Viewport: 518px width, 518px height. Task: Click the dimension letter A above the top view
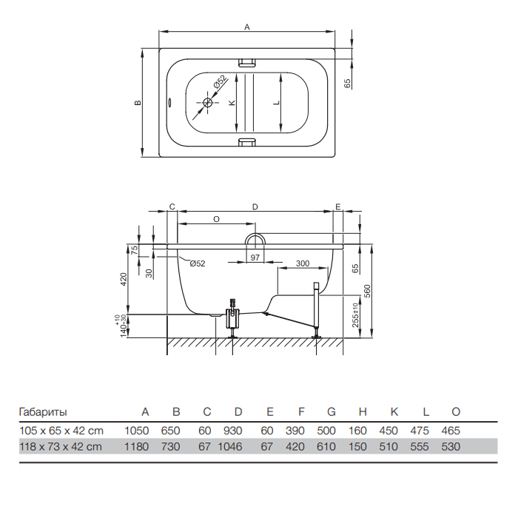pos(246,27)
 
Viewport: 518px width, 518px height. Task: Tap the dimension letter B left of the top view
pos(138,102)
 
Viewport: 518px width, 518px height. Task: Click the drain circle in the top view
pos(207,102)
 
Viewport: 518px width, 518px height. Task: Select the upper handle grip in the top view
pos(246,62)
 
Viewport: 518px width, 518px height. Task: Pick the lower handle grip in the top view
pos(246,142)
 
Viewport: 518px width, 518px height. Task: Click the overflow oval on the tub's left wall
pos(169,102)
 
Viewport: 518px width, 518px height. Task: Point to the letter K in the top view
pos(232,102)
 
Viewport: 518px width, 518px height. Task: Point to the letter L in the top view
pos(277,102)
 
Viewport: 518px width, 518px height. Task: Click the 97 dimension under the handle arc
pos(255,257)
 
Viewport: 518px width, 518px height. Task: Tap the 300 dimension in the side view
pos(303,263)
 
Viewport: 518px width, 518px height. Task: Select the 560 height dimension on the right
pos(367,291)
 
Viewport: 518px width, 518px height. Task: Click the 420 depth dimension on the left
pos(124,280)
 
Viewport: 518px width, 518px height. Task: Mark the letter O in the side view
pos(216,219)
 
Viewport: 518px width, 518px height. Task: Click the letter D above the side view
pos(255,206)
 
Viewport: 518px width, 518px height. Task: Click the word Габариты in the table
pos(43,412)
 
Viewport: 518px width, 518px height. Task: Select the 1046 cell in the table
pos(230,447)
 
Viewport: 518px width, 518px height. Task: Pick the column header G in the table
pos(332,411)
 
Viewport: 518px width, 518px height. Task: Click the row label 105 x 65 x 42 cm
pos(61,431)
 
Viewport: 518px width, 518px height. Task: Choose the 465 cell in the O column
pos(451,431)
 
